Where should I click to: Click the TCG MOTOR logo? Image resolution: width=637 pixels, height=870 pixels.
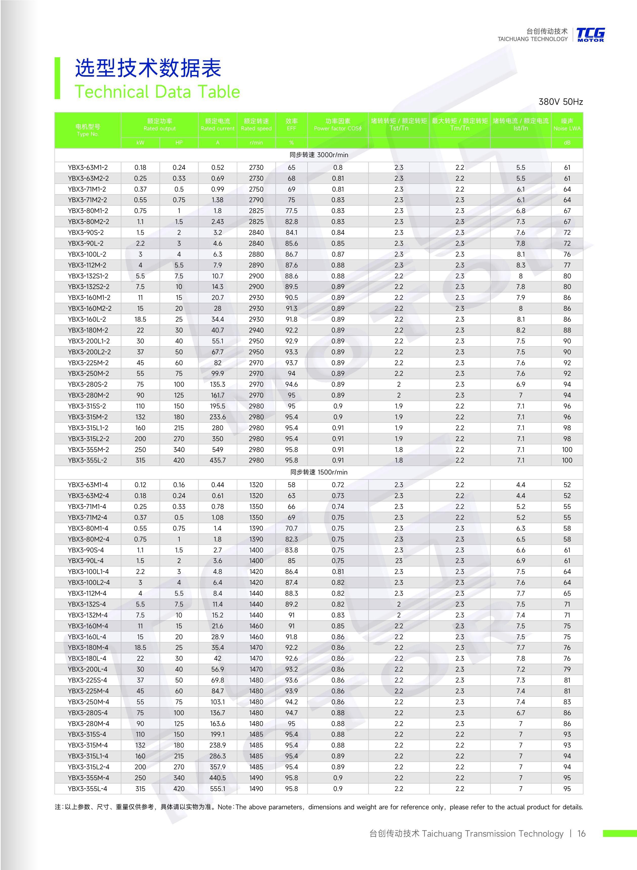click(590, 35)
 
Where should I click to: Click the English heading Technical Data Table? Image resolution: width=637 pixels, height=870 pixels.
click(157, 92)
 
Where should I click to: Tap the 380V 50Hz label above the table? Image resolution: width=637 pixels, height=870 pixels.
click(560, 102)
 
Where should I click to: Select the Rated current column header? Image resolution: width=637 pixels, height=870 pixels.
click(218, 125)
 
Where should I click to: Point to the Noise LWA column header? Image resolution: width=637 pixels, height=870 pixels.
click(567, 125)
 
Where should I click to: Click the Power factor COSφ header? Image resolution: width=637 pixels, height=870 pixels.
click(338, 125)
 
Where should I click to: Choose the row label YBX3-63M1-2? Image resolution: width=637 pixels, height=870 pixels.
click(88, 167)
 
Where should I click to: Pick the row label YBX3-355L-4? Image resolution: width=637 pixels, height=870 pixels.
click(88, 789)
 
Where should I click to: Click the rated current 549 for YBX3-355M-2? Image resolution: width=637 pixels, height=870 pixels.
click(218, 450)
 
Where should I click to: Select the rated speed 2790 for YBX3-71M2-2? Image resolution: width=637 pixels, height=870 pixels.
click(256, 200)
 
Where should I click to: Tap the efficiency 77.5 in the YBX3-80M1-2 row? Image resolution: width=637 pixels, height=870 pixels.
click(291, 211)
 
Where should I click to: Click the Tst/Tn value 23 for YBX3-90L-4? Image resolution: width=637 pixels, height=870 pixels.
click(399, 561)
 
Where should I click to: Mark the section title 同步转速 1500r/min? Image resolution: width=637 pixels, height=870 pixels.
click(318, 472)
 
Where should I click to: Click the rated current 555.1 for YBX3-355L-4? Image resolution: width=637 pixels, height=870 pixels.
click(218, 789)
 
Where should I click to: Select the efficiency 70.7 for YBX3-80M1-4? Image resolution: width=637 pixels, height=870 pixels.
click(291, 528)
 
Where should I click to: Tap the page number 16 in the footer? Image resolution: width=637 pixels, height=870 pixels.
click(581, 833)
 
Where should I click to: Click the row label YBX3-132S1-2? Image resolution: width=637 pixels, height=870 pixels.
click(88, 276)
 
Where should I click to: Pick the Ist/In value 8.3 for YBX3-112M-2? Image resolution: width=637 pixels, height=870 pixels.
click(521, 265)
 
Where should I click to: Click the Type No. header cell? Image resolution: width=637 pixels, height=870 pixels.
click(88, 130)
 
